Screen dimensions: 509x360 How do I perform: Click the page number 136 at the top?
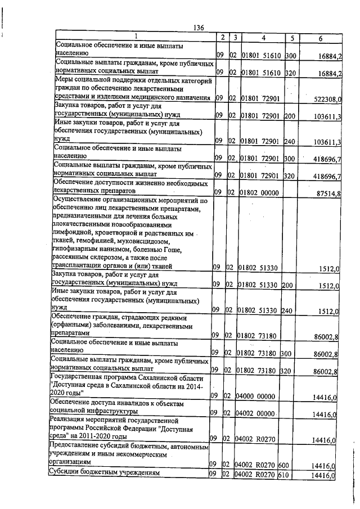tap(197, 28)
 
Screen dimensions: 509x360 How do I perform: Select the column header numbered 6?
tap(320, 38)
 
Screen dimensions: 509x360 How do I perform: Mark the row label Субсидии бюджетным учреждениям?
tap(104, 474)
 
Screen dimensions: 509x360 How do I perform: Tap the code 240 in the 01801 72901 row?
tap(290, 140)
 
